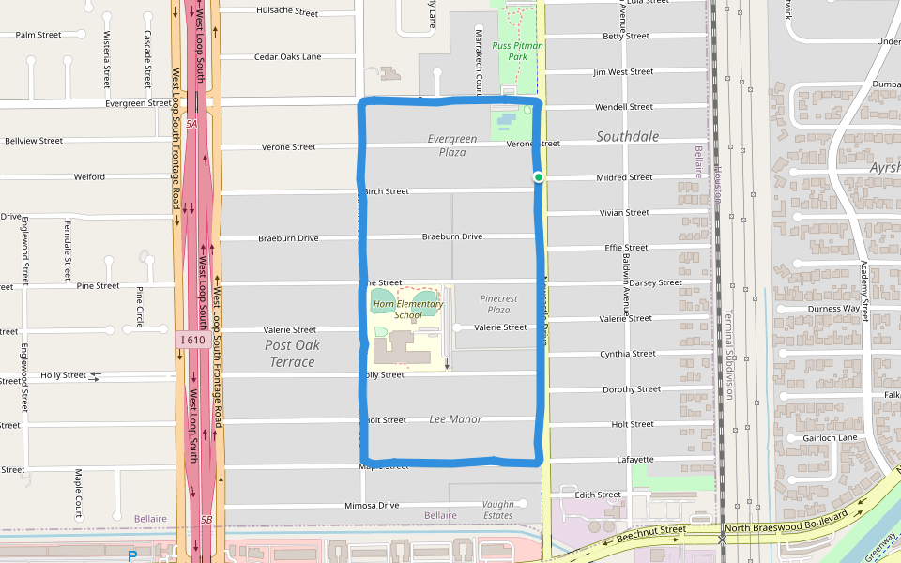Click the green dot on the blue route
pos(539,177)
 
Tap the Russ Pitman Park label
pos(518,51)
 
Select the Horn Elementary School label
pos(408,310)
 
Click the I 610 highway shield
pos(191,340)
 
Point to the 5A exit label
pos(191,124)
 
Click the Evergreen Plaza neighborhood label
pos(452,145)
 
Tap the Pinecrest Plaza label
pos(498,304)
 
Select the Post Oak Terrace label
pos(292,354)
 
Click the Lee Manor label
pos(455,419)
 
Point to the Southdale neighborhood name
pos(628,137)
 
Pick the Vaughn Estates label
pos(498,510)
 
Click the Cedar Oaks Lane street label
pos(287,57)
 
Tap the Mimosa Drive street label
pos(372,506)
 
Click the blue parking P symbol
pos(132,556)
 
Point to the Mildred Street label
pos(624,177)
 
